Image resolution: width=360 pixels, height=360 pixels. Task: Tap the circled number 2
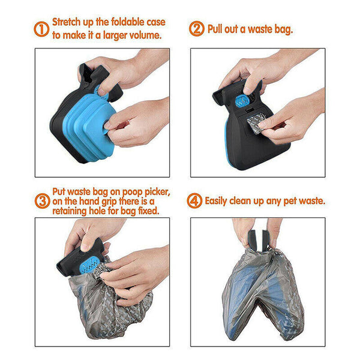197,29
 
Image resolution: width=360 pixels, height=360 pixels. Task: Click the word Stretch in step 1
69,23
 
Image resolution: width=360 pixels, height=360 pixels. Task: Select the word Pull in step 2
217,29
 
